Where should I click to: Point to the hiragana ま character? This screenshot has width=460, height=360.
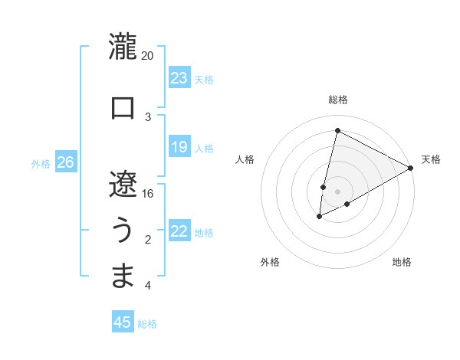point(123,276)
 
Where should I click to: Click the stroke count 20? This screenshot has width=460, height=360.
point(148,56)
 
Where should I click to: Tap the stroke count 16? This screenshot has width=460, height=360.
point(148,193)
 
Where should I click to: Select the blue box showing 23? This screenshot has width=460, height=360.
point(179,77)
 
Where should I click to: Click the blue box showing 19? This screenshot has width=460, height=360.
point(179,147)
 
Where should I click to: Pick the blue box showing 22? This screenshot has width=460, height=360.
point(179,231)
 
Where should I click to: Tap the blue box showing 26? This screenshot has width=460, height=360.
point(66,162)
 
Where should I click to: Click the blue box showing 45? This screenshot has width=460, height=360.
point(123,322)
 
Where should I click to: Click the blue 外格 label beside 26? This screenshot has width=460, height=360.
point(41,163)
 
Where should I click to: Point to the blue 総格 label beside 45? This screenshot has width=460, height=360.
point(147,324)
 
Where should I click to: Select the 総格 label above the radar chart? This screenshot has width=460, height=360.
point(337,100)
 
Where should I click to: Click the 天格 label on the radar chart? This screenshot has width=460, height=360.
point(431,159)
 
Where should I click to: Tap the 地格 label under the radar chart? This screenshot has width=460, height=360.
point(402,262)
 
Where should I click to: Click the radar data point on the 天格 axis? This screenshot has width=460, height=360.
point(412,169)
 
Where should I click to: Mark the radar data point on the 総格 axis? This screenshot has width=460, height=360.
point(337,130)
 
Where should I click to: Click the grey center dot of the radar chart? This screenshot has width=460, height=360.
point(337,191)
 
